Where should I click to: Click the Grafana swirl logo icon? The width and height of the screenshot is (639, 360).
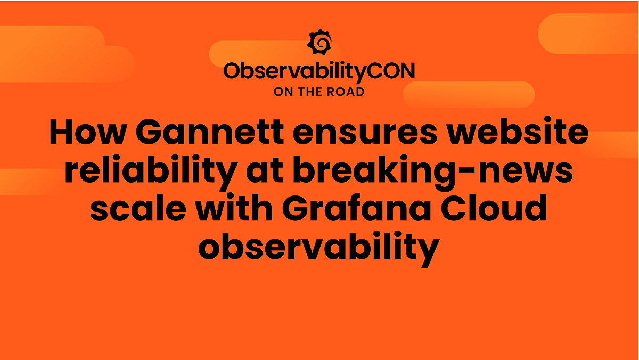319,42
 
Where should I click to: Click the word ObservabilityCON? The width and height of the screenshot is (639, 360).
319,71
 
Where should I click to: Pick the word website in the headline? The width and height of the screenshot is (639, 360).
518,133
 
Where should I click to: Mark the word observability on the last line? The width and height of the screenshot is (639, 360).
319,247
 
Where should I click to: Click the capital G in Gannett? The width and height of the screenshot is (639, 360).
152,133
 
